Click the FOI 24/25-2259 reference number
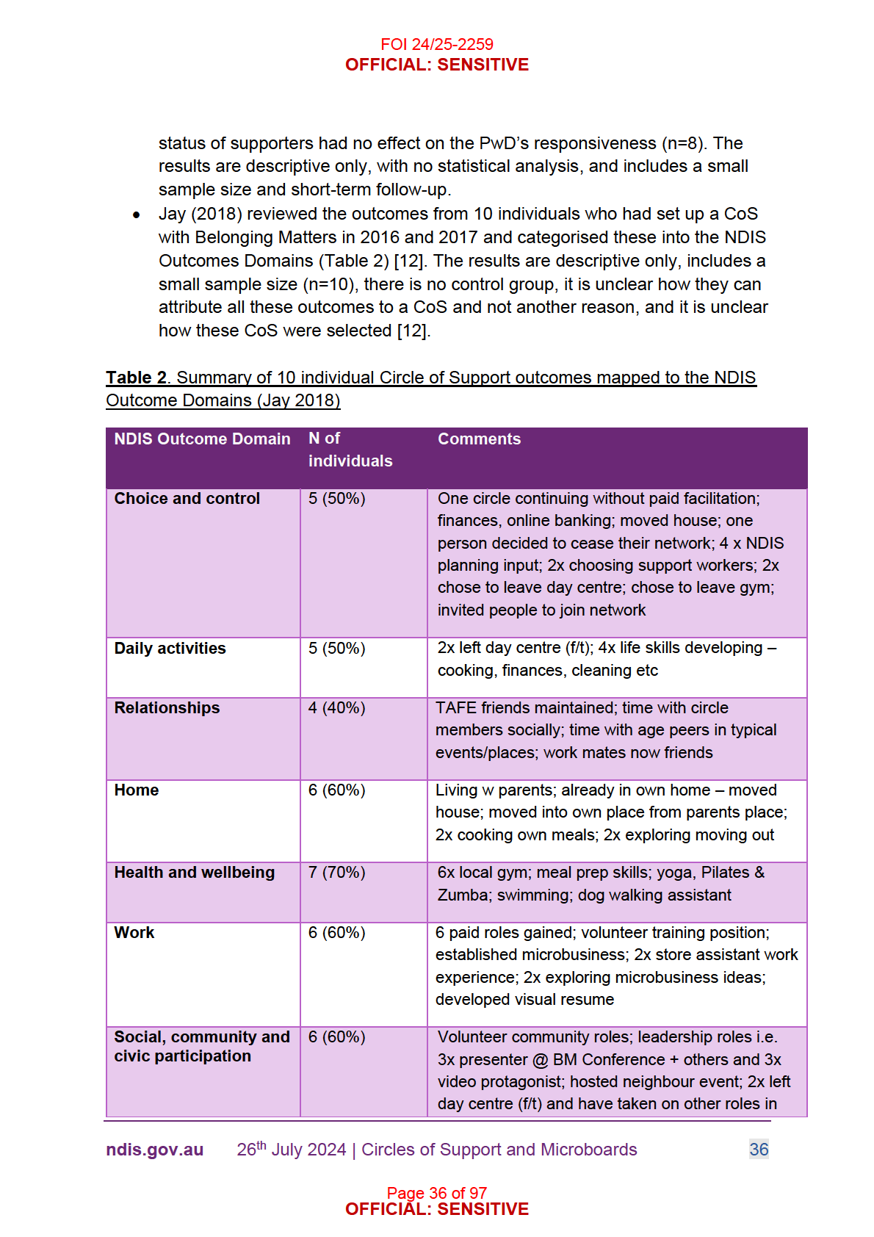(x=436, y=44)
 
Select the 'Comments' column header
(x=479, y=439)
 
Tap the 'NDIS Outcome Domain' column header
(x=202, y=439)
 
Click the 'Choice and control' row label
(x=187, y=499)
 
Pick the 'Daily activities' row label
(x=170, y=649)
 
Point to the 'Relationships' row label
(x=167, y=708)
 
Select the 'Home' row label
(x=137, y=790)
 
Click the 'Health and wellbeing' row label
(x=194, y=873)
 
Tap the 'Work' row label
(x=134, y=933)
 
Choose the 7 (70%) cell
(x=336, y=873)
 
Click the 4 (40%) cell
(x=336, y=708)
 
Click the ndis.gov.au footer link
(x=154, y=1150)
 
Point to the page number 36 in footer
(x=759, y=1150)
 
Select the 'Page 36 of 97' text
(x=436, y=1193)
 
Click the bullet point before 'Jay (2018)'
(x=137, y=215)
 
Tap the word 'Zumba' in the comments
(x=463, y=895)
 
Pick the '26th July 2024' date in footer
(x=291, y=1150)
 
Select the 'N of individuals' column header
(x=350, y=450)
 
